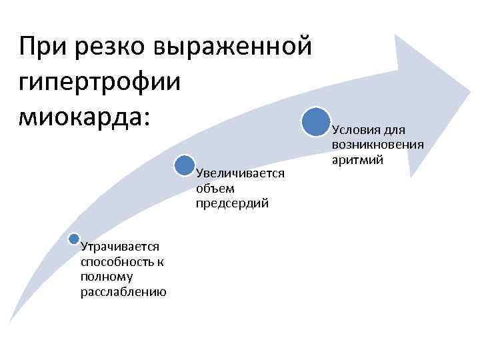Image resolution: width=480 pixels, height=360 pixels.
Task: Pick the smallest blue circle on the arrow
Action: pyautogui.click(x=74, y=239)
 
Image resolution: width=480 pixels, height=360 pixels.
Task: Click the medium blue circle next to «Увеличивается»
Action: pyautogui.click(x=185, y=165)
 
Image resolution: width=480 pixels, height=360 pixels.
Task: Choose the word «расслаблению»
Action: pyautogui.click(x=123, y=292)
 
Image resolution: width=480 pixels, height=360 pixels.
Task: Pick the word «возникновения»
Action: pyautogui.click(x=377, y=145)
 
